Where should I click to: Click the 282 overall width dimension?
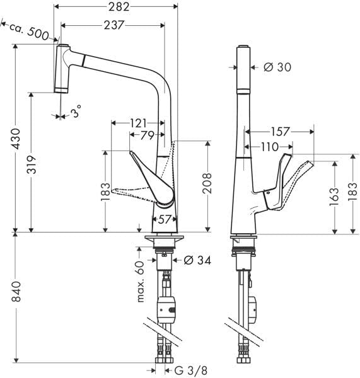117,8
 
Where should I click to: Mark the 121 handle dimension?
138,123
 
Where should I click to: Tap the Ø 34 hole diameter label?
196,259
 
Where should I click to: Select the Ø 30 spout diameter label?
276,67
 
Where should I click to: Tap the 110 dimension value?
270,146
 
